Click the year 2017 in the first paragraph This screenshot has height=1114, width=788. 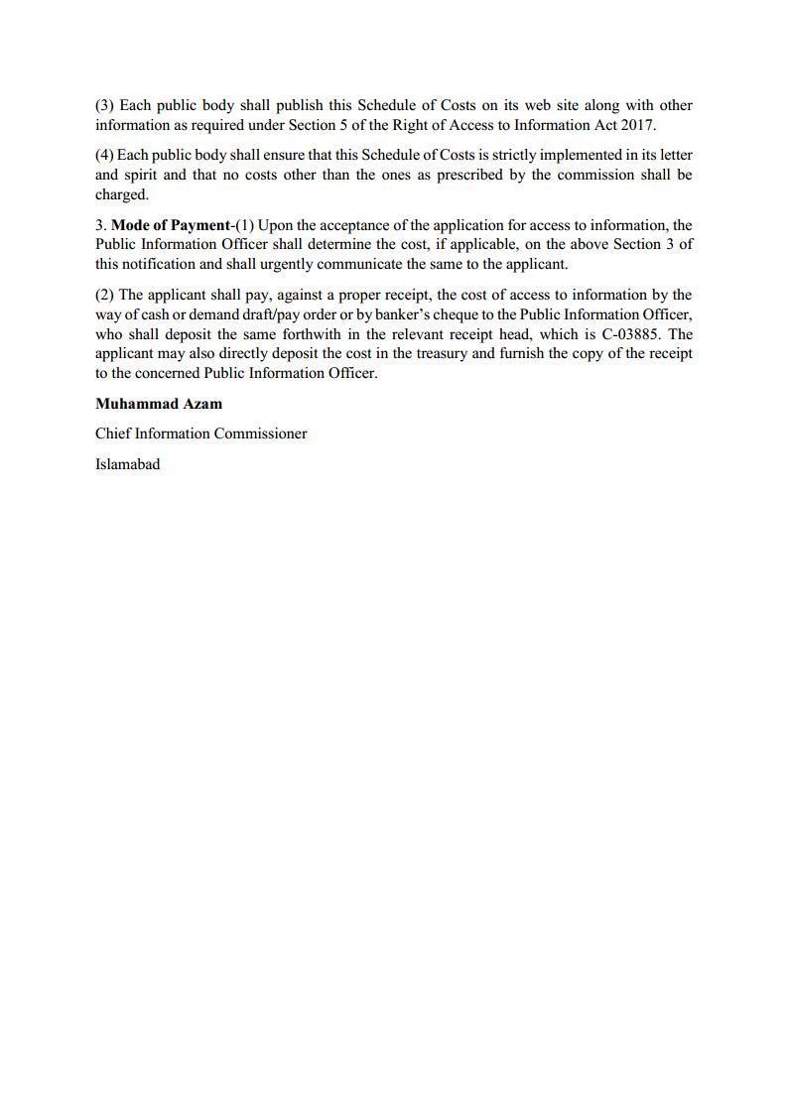click(636, 125)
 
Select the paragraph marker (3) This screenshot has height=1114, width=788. click(105, 105)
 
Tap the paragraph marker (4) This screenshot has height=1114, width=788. click(105, 155)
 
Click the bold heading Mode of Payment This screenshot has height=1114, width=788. click(170, 225)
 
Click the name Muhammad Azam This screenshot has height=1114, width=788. click(159, 404)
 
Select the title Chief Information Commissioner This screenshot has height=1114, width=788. click(201, 433)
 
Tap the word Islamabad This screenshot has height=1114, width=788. click(127, 463)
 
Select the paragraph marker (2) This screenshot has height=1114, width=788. click(105, 295)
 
